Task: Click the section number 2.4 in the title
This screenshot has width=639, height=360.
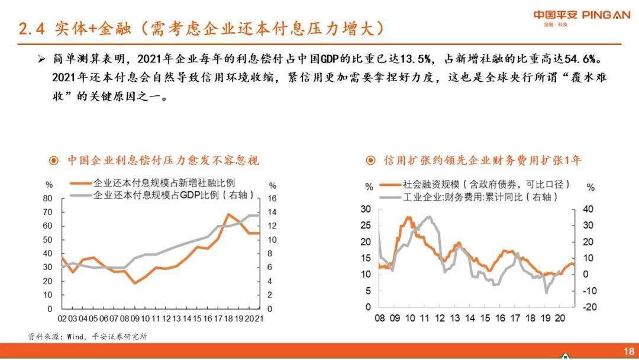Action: (32, 28)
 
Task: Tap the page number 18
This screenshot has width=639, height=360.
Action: (628, 349)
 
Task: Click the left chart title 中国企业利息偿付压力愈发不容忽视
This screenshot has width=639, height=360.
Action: (162, 160)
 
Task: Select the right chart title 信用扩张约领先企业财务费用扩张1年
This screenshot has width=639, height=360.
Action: (482, 160)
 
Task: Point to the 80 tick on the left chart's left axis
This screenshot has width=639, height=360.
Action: (48, 198)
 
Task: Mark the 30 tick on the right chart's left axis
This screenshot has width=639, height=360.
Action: (365, 209)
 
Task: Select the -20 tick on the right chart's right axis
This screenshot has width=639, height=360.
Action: (590, 307)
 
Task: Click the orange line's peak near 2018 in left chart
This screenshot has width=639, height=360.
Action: (228, 214)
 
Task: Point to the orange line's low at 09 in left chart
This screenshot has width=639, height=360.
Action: (135, 283)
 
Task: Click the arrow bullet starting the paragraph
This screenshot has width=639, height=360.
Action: (41, 60)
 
